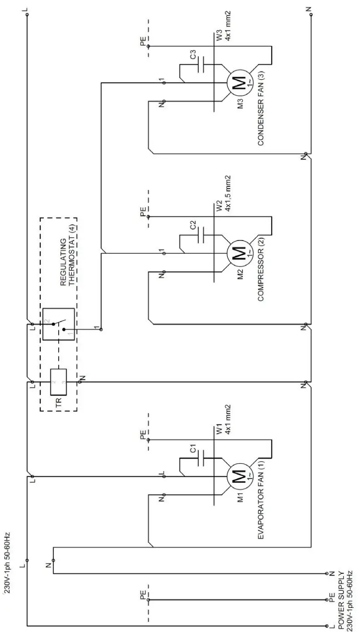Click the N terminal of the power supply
click(327, 573)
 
